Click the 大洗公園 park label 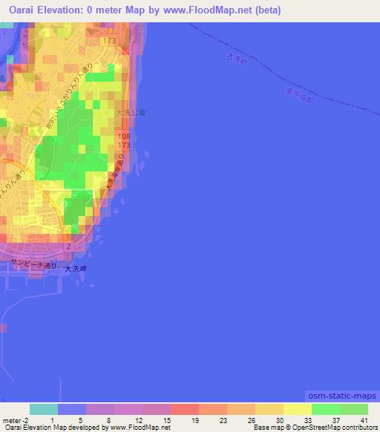click(131, 113)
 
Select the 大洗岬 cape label click(76, 269)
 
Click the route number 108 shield click(124, 137)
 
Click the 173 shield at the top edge click(109, 39)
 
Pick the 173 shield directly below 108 click(124, 145)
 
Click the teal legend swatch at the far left click(43, 408)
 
